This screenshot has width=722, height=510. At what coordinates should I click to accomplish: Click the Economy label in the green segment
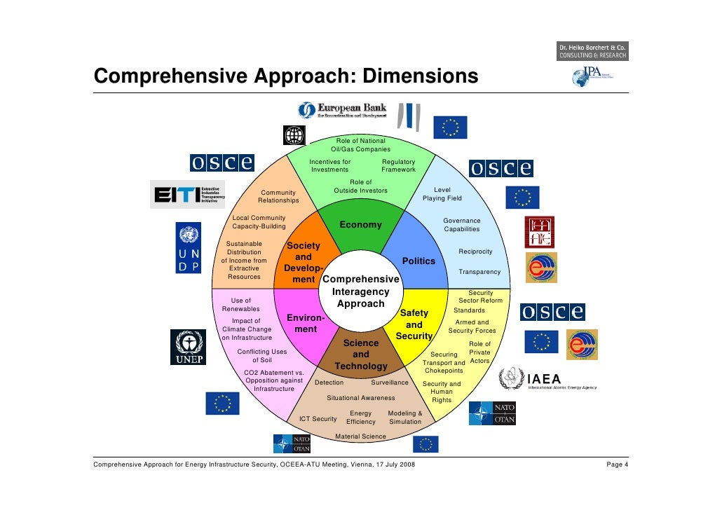click(360, 225)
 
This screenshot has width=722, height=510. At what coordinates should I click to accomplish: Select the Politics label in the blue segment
click(418, 261)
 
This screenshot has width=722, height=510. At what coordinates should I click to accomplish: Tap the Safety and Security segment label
click(414, 324)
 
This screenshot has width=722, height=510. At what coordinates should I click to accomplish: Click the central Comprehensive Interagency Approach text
click(360, 291)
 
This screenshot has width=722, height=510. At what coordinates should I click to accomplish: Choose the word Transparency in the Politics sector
click(479, 272)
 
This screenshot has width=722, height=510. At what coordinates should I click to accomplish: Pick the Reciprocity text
click(475, 251)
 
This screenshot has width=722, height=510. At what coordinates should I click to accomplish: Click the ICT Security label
click(318, 419)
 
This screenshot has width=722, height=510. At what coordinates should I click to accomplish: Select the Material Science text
click(360, 436)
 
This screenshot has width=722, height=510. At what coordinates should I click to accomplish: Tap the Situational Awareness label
click(360, 398)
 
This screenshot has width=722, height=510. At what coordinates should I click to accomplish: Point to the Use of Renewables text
click(241, 305)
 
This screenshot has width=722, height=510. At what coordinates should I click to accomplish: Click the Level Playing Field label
click(442, 194)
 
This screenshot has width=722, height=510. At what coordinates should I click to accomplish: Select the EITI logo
click(188, 195)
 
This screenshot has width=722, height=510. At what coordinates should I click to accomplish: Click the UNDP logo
click(189, 248)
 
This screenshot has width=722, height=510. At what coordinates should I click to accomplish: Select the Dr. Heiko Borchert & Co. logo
click(592, 50)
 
